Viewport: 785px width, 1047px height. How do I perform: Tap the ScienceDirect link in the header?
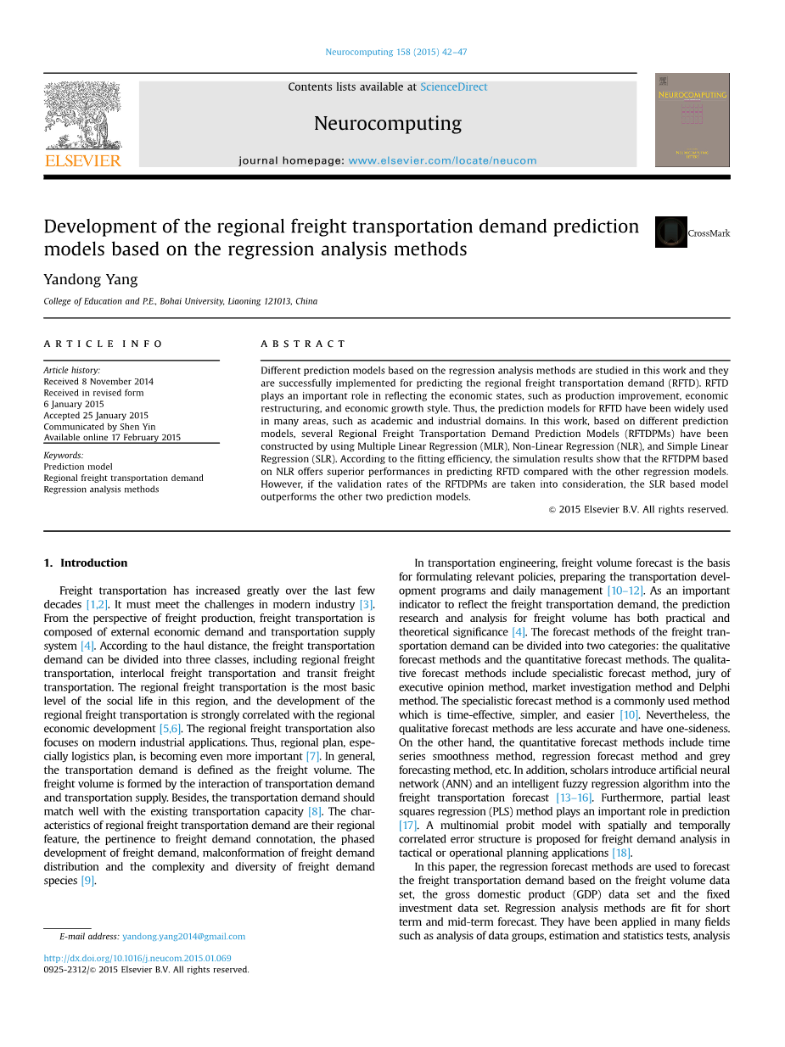(453, 87)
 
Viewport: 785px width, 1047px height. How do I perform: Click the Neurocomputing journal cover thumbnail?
(692, 120)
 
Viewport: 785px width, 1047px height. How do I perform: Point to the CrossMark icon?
(670, 232)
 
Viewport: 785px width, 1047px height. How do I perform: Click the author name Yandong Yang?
(91, 279)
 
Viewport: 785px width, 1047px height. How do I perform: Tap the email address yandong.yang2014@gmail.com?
(183, 937)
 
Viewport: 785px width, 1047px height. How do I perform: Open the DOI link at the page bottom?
(137, 958)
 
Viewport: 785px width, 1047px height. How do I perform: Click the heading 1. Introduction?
(86, 563)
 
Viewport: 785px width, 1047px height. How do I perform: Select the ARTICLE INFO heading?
(104, 344)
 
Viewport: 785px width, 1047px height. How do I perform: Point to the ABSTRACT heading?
(303, 344)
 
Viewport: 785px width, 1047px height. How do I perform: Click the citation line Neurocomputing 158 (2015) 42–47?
(395, 52)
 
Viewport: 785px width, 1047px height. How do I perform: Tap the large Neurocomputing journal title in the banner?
(388, 124)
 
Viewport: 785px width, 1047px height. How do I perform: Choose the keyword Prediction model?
(78, 467)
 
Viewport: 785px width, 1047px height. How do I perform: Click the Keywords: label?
(64, 456)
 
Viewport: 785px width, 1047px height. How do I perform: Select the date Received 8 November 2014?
(98, 382)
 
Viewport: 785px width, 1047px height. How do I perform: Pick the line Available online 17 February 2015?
(112, 438)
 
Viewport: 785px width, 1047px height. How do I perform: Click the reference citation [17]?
(407, 826)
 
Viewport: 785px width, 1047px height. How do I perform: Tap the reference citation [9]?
(87, 881)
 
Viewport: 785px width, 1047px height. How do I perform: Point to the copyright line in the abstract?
(637, 510)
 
